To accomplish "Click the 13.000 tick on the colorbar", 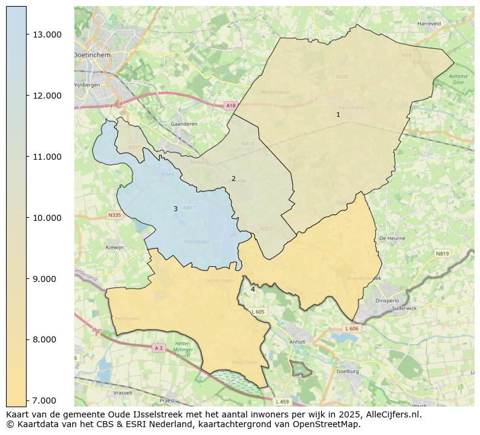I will [x=47, y=34].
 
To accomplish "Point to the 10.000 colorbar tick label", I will [x=47, y=218].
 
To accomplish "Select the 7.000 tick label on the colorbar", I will [x=47, y=401].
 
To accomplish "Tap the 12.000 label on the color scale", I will [x=47, y=96].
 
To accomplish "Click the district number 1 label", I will [x=338, y=114].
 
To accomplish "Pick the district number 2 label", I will [x=233, y=178].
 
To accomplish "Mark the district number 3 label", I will [x=175, y=209].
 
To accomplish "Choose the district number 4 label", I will [x=253, y=289].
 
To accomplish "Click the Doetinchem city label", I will [x=91, y=54].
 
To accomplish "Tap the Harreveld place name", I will [x=429, y=24].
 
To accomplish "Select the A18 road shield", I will [x=230, y=106].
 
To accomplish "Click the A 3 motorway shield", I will [x=158, y=348].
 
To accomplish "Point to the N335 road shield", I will [x=115, y=215].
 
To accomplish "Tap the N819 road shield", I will [x=442, y=253].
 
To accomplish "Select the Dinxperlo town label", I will [x=388, y=299].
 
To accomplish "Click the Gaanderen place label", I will [x=184, y=123].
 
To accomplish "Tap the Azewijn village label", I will [x=114, y=247].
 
